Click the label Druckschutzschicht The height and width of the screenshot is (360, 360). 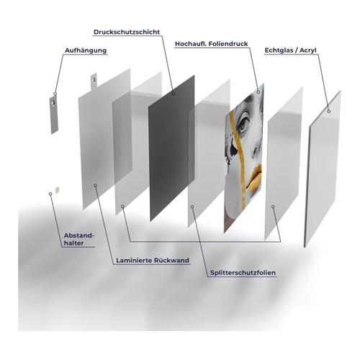tap(127, 32)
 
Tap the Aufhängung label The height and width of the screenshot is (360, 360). tap(86, 50)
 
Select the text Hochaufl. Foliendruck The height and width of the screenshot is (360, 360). tap(212, 44)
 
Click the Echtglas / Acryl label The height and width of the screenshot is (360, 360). tap(290, 50)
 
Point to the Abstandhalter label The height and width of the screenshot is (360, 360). tap(78, 239)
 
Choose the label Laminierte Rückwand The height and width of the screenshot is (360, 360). tap(153, 261)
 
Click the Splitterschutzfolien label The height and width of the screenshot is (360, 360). tap(243, 273)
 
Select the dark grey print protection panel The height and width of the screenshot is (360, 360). tap(171, 148)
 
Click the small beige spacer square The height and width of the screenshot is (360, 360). tap(57, 190)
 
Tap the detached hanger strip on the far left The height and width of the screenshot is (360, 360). tap(54, 115)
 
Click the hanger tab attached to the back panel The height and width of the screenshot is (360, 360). tap(94, 81)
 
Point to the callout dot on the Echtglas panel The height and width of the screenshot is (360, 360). tap(329, 112)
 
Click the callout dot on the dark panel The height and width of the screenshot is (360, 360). tap(174, 94)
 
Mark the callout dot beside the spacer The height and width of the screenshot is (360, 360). tap(50, 194)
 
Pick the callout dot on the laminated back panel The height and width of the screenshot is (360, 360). tap(95, 186)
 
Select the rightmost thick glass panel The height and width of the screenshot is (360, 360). tap(323, 168)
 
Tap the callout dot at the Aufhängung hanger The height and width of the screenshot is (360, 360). tap(55, 94)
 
